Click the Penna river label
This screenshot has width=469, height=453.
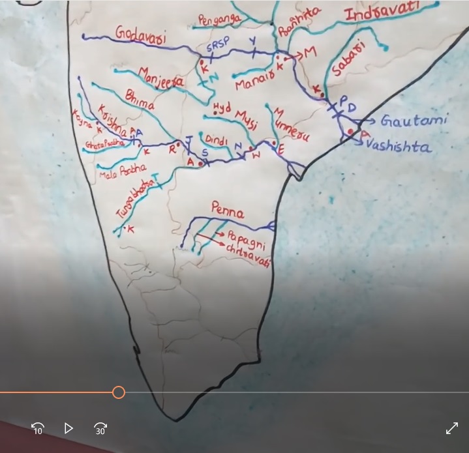[x=228, y=211]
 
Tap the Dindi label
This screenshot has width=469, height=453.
[x=216, y=139]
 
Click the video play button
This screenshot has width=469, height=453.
[x=68, y=428]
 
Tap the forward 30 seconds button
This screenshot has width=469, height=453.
[x=100, y=428]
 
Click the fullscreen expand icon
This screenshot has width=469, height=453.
[x=451, y=428]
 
